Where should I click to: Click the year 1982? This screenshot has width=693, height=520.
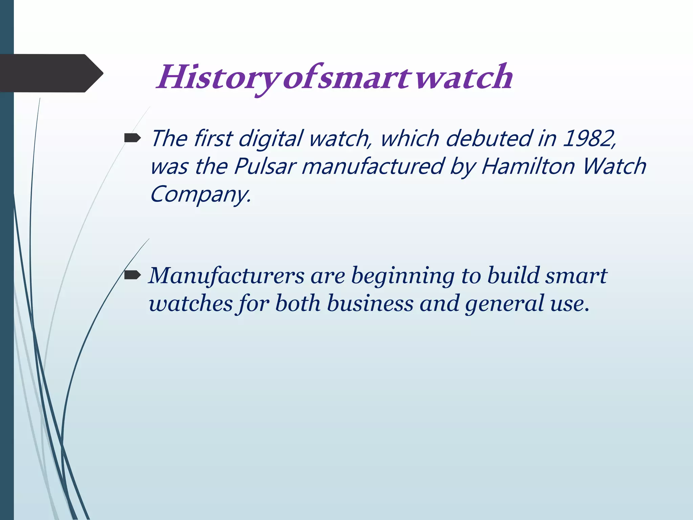589,139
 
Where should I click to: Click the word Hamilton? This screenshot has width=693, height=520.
528,167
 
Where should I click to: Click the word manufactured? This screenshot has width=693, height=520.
372,167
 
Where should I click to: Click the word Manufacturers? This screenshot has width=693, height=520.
227,276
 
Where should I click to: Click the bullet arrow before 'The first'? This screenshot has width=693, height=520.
132,138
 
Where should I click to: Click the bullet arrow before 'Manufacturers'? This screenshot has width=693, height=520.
132,276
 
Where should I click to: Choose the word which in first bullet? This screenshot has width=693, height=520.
409,139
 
